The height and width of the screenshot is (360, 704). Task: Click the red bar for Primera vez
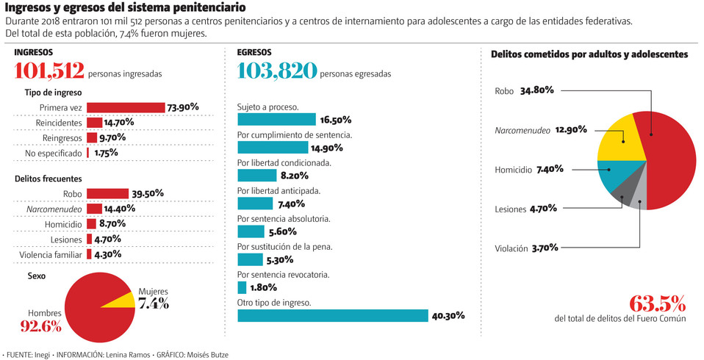126,108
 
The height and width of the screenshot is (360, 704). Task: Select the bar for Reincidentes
94,123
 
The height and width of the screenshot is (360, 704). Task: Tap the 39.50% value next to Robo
148,194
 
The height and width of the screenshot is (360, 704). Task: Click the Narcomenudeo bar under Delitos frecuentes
94,209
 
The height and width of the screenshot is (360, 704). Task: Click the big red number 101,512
49,71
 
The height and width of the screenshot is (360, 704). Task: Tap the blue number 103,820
277,71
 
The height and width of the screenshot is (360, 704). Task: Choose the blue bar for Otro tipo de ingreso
332,316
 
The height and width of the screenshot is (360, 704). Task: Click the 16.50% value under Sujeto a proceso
335,120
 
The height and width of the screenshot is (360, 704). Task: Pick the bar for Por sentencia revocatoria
242,288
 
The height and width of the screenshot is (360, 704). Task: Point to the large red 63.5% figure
657,303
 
